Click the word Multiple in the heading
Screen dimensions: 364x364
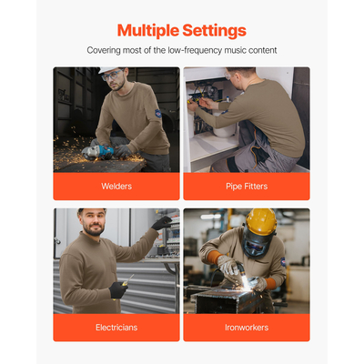coord(148,31)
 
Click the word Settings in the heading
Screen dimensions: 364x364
coord(214,31)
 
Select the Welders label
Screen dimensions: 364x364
coord(116,187)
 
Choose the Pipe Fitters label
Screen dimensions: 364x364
coord(247,187)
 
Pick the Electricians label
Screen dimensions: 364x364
coord(116,328)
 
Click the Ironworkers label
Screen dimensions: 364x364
coord(247,328)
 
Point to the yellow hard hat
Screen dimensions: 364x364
coord(261,221)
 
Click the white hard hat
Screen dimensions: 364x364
coord(108,70)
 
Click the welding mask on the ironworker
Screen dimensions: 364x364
coord(258,242)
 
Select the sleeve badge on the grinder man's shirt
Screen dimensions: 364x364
coord(158,113)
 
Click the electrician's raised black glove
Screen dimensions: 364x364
coord(161,223)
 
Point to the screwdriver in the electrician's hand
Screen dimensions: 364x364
coord(127,280)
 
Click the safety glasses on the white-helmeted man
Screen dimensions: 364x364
coord(112,75)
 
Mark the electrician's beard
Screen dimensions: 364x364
coord(94,230)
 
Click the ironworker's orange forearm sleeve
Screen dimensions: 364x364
coord(214,257)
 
